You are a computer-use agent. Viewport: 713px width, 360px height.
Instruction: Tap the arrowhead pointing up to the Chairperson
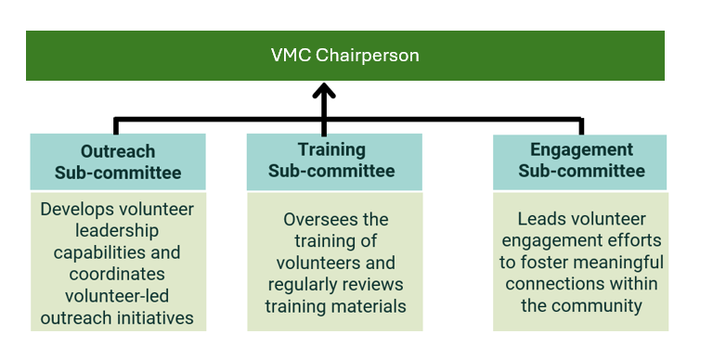[323, 91]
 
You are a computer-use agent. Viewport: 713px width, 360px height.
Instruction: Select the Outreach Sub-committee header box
[118, 161]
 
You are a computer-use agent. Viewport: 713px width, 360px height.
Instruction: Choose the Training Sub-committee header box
[333, 161]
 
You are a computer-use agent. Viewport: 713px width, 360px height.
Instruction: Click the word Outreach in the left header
[118, 151]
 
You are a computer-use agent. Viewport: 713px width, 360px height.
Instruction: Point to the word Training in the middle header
[331, 149]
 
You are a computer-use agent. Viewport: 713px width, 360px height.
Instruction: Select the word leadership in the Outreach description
[118, 231]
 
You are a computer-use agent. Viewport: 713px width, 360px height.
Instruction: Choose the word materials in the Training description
[363, 305]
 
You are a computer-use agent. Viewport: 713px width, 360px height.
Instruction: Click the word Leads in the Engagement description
[540, 220]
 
